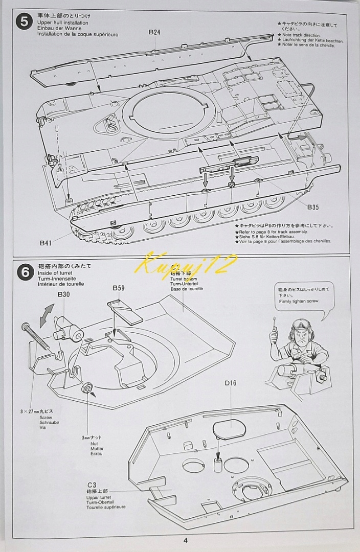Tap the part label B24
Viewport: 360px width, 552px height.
(x=154, y=32)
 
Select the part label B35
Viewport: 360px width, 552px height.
(x=313, y=207)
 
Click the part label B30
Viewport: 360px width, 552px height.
(x=64, y=295)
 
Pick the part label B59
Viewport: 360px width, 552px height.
(x=119, y=288)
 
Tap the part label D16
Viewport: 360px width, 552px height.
(x=231, y=383)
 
